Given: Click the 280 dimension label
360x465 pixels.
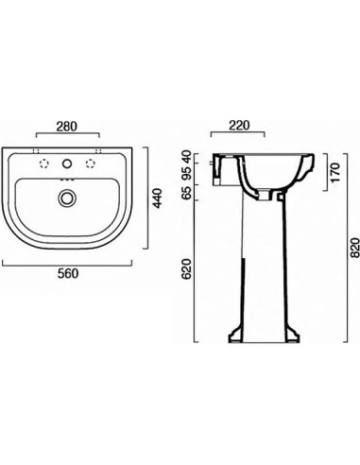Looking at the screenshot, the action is tap(66, 127).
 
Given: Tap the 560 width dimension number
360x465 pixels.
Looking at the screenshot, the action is tap(68, 273).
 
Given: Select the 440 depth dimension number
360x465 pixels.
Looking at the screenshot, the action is tap(157, 198).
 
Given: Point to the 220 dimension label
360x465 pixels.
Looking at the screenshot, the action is tap(239, 125).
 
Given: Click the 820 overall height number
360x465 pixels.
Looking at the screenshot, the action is tap(355, 248).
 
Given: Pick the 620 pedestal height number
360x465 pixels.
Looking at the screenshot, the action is tap(187, 268).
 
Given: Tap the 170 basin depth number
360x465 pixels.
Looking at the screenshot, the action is tap(335, 172).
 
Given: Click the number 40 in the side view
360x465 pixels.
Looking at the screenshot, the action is tap(187, 157).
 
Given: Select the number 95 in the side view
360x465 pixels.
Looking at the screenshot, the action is tap(187, 173).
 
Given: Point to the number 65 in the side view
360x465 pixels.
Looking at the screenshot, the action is tap(187, 193).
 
